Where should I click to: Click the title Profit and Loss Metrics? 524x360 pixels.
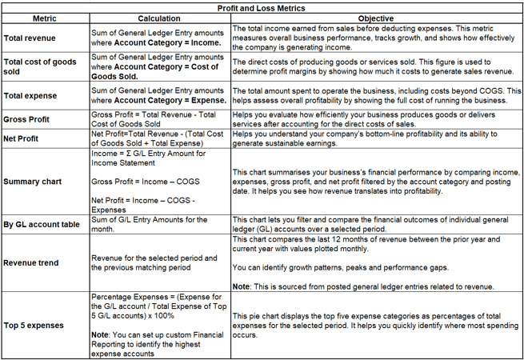(x=262, y=6)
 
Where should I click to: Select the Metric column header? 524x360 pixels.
(x=44, y=18)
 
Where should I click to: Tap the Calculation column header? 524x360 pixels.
(x=158, y=18)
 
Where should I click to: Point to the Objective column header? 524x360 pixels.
(x=376, y=18)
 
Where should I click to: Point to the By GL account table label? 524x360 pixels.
(x=42, y=225)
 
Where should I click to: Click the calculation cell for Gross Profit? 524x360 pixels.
(x=158, y=120)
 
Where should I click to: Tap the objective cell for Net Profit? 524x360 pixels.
(x=376, y=139)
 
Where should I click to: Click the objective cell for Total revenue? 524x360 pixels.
(x=376, y=37)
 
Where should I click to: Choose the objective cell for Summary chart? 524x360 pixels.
(x=374, y=182)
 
